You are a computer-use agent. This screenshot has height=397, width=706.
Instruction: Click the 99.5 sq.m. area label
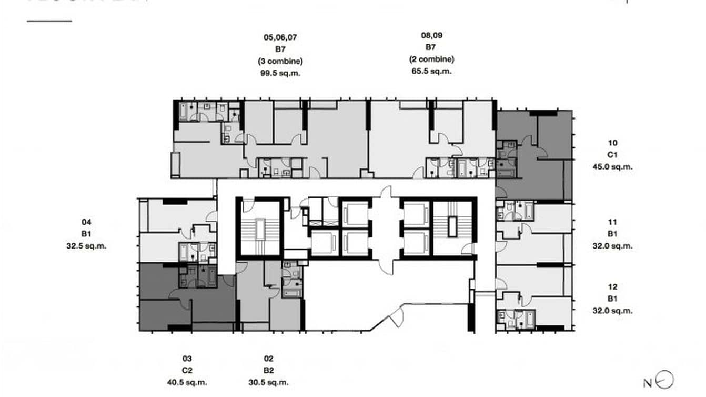click(280, 73)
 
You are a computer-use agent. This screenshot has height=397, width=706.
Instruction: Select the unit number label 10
click(612, 143)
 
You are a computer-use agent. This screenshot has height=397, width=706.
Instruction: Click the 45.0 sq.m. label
click(612, 166)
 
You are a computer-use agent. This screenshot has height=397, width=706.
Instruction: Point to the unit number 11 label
click(612, 222)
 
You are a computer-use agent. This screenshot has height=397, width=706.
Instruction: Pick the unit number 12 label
click(612, 287)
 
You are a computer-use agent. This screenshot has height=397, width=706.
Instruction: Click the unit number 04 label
click(86, 222)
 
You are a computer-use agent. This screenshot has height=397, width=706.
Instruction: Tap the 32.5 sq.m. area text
click(86, 245)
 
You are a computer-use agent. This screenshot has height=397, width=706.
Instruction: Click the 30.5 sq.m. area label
click(268, 383)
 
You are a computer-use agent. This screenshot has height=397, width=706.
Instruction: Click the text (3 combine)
click(280, 61)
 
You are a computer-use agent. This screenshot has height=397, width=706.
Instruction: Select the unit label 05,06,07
click(280, 37)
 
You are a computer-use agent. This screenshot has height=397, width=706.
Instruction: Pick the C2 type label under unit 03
click(187, 371)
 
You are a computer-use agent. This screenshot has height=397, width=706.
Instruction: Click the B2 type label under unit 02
click(268, 371)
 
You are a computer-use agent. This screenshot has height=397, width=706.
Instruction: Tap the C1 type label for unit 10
click(612, 155)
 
